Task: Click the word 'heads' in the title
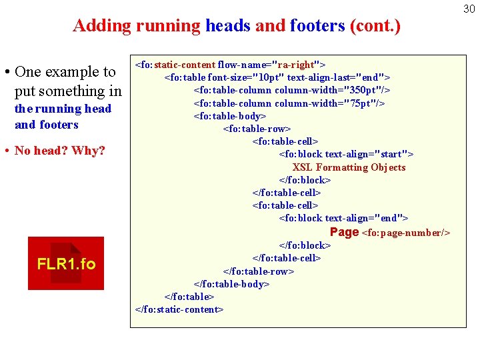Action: [228, 26]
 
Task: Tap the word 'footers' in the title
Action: [316, 26]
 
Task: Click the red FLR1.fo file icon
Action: [66, 263]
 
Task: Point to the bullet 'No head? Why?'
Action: [59, 151]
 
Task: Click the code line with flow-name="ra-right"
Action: [230, 65]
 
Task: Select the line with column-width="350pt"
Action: [291, 90]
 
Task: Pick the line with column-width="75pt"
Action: [289, 103]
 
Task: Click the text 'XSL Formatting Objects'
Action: [349, 167]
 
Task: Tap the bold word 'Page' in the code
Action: [344, 232]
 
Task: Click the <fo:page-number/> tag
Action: [406, 233]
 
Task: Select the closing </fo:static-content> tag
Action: [179, 309]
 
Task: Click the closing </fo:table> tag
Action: [189, 297]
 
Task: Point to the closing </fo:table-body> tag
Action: [231, 283]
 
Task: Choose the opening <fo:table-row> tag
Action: [257, 129]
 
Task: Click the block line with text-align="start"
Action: [346, 154]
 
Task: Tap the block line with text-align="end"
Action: [343, 218]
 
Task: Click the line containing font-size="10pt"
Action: [277, 77]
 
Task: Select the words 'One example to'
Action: [65, 72]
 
